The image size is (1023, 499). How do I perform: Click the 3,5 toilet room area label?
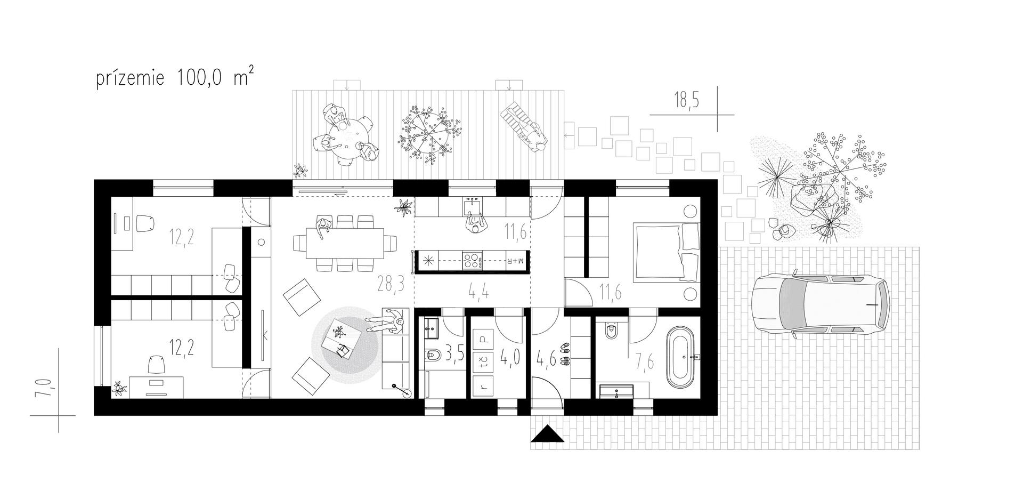(x=454, y=353)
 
